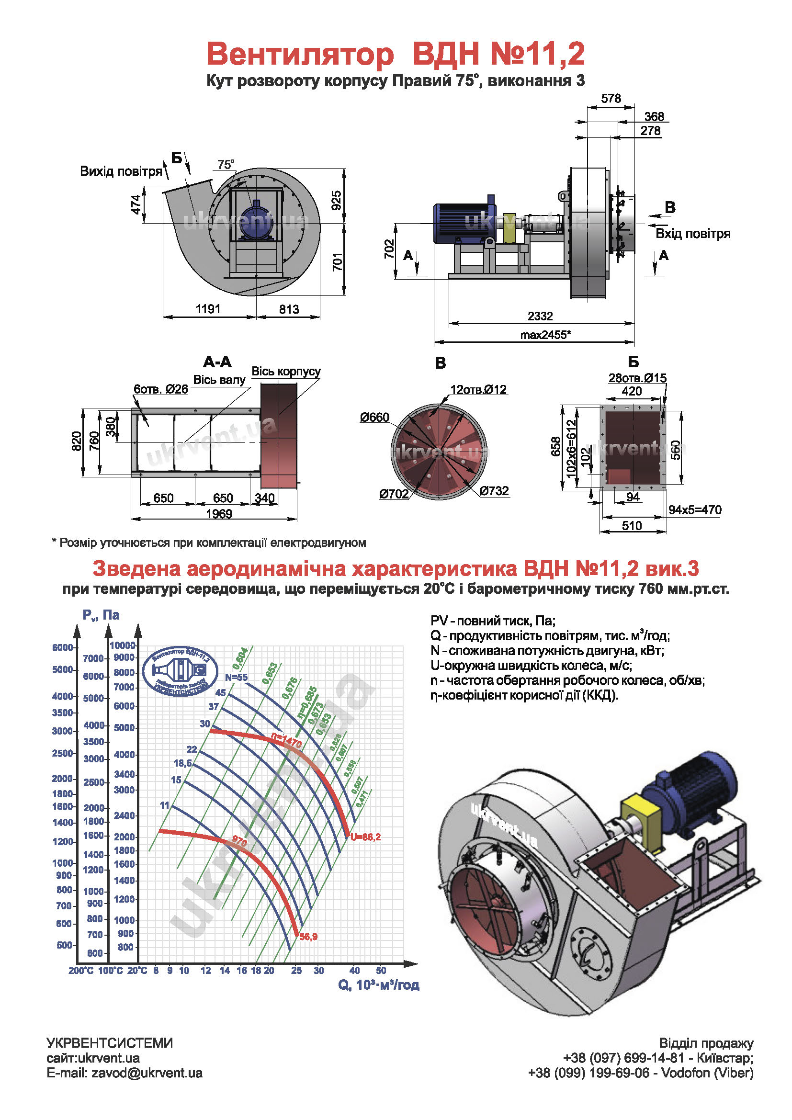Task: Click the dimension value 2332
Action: (x=540, y=316)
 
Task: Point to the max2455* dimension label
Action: (x=545, y=335)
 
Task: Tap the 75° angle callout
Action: (x=226, y=165)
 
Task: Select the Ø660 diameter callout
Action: (x=374, y=417)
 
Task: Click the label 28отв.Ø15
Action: (x=637, y=378)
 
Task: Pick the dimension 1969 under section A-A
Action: (x=219, y=514)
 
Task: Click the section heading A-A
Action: (x=217, y=362)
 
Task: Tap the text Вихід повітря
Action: (x=121, y=171)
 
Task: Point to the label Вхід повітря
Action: (x=692, y=233)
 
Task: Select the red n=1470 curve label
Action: (x=286, y=740)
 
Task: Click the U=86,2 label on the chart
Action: (x=365, y=837)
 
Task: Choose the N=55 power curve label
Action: (x=237, y=677)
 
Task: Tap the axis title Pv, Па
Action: (x=101, y=615)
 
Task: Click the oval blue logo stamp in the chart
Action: (x=181, y=672)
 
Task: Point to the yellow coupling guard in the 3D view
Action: (x=642, y=821)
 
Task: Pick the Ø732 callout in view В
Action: (x=494, y=491)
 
